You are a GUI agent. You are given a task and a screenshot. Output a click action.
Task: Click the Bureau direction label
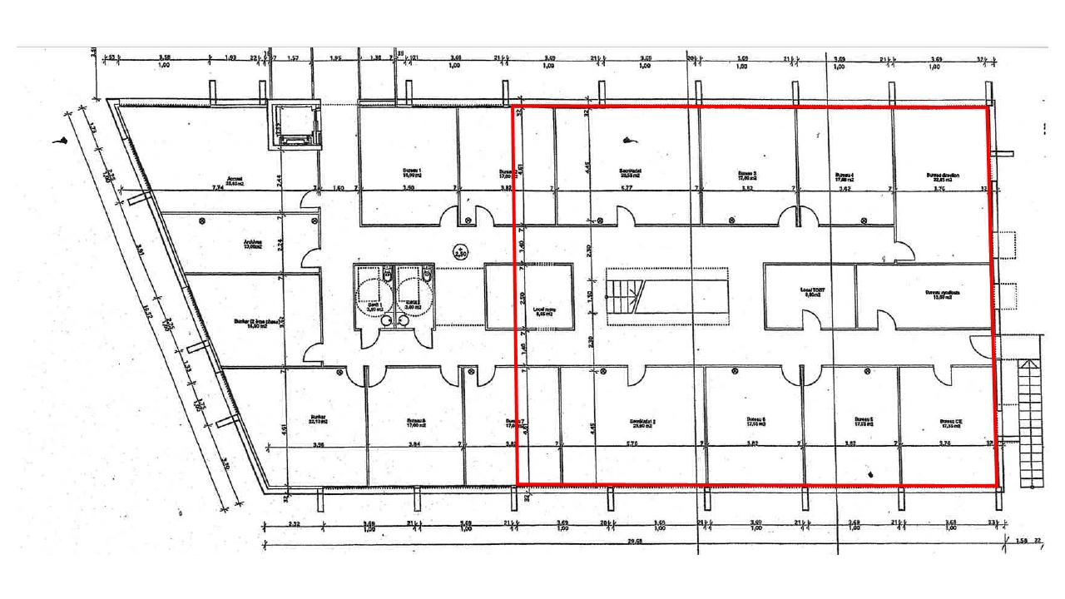(x=943, y=176)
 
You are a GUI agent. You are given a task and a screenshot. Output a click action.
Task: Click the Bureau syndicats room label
(x=943, y=295)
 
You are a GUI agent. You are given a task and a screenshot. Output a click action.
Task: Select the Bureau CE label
(x=951, y=422)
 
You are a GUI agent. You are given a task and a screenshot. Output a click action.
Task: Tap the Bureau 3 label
(x=746, y=176)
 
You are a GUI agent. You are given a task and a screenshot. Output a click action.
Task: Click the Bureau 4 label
(x=845, y=176)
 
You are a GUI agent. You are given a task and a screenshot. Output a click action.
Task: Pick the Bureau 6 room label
(x=756, y=421)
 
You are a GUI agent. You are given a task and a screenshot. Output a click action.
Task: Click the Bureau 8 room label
(x=416, y=422)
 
